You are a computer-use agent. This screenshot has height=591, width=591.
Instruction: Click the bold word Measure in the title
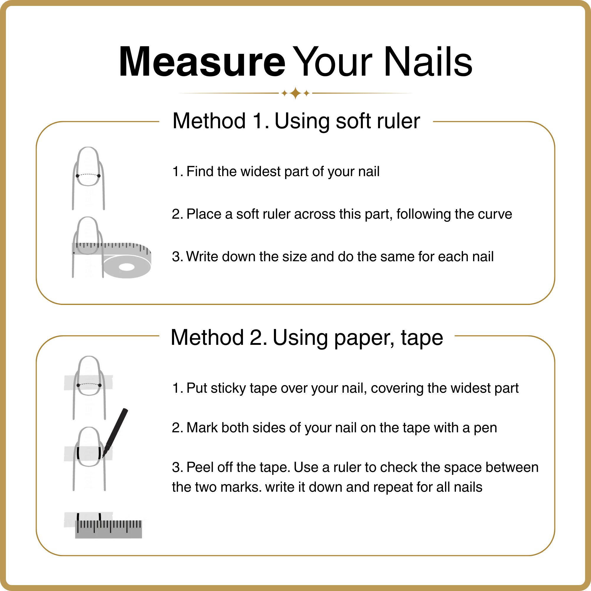pos(202,61)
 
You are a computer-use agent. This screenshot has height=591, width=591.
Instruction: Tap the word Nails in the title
pos(428,61)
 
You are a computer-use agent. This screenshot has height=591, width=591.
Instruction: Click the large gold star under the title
pos(295,93)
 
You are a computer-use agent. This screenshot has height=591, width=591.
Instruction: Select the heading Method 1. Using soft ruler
pos(296,121)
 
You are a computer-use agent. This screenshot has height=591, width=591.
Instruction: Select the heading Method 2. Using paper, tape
pos(307,338)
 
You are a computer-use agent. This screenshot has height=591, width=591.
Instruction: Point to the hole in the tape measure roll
pos(127,267)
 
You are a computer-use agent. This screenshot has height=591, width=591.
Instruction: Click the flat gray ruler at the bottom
pos(108,529)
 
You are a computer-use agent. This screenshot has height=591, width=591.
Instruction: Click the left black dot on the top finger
pos(77,176)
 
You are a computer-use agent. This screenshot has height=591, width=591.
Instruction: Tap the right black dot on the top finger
pos(99,176)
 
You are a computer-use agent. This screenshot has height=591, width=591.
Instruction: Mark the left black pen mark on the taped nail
pos(78,453)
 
